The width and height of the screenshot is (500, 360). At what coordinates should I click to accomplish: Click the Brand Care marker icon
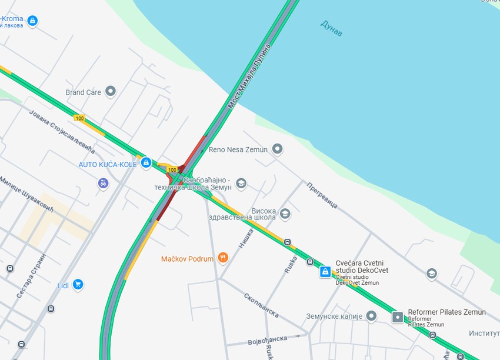coord(110,92)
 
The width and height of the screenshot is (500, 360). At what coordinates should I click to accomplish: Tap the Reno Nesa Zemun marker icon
coord(278,149)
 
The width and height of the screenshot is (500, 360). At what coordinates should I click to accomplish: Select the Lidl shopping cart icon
coord(78,285)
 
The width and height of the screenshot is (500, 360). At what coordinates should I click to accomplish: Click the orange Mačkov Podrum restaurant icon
coord(222,258)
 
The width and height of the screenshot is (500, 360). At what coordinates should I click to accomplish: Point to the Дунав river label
coord(331,28)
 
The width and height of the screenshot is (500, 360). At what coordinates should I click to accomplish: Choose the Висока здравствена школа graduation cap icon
coord(285,213)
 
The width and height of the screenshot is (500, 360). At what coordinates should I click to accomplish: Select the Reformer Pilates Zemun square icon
coord(398,317)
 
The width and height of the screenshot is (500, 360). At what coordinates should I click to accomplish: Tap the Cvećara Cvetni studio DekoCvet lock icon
coord(325,272)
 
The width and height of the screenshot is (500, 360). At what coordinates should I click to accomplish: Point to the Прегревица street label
coord(321,195)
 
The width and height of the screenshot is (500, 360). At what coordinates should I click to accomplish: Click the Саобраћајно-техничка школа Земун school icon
coord(241,184)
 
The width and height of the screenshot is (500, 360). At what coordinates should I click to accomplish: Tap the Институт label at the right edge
coord(484,334)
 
